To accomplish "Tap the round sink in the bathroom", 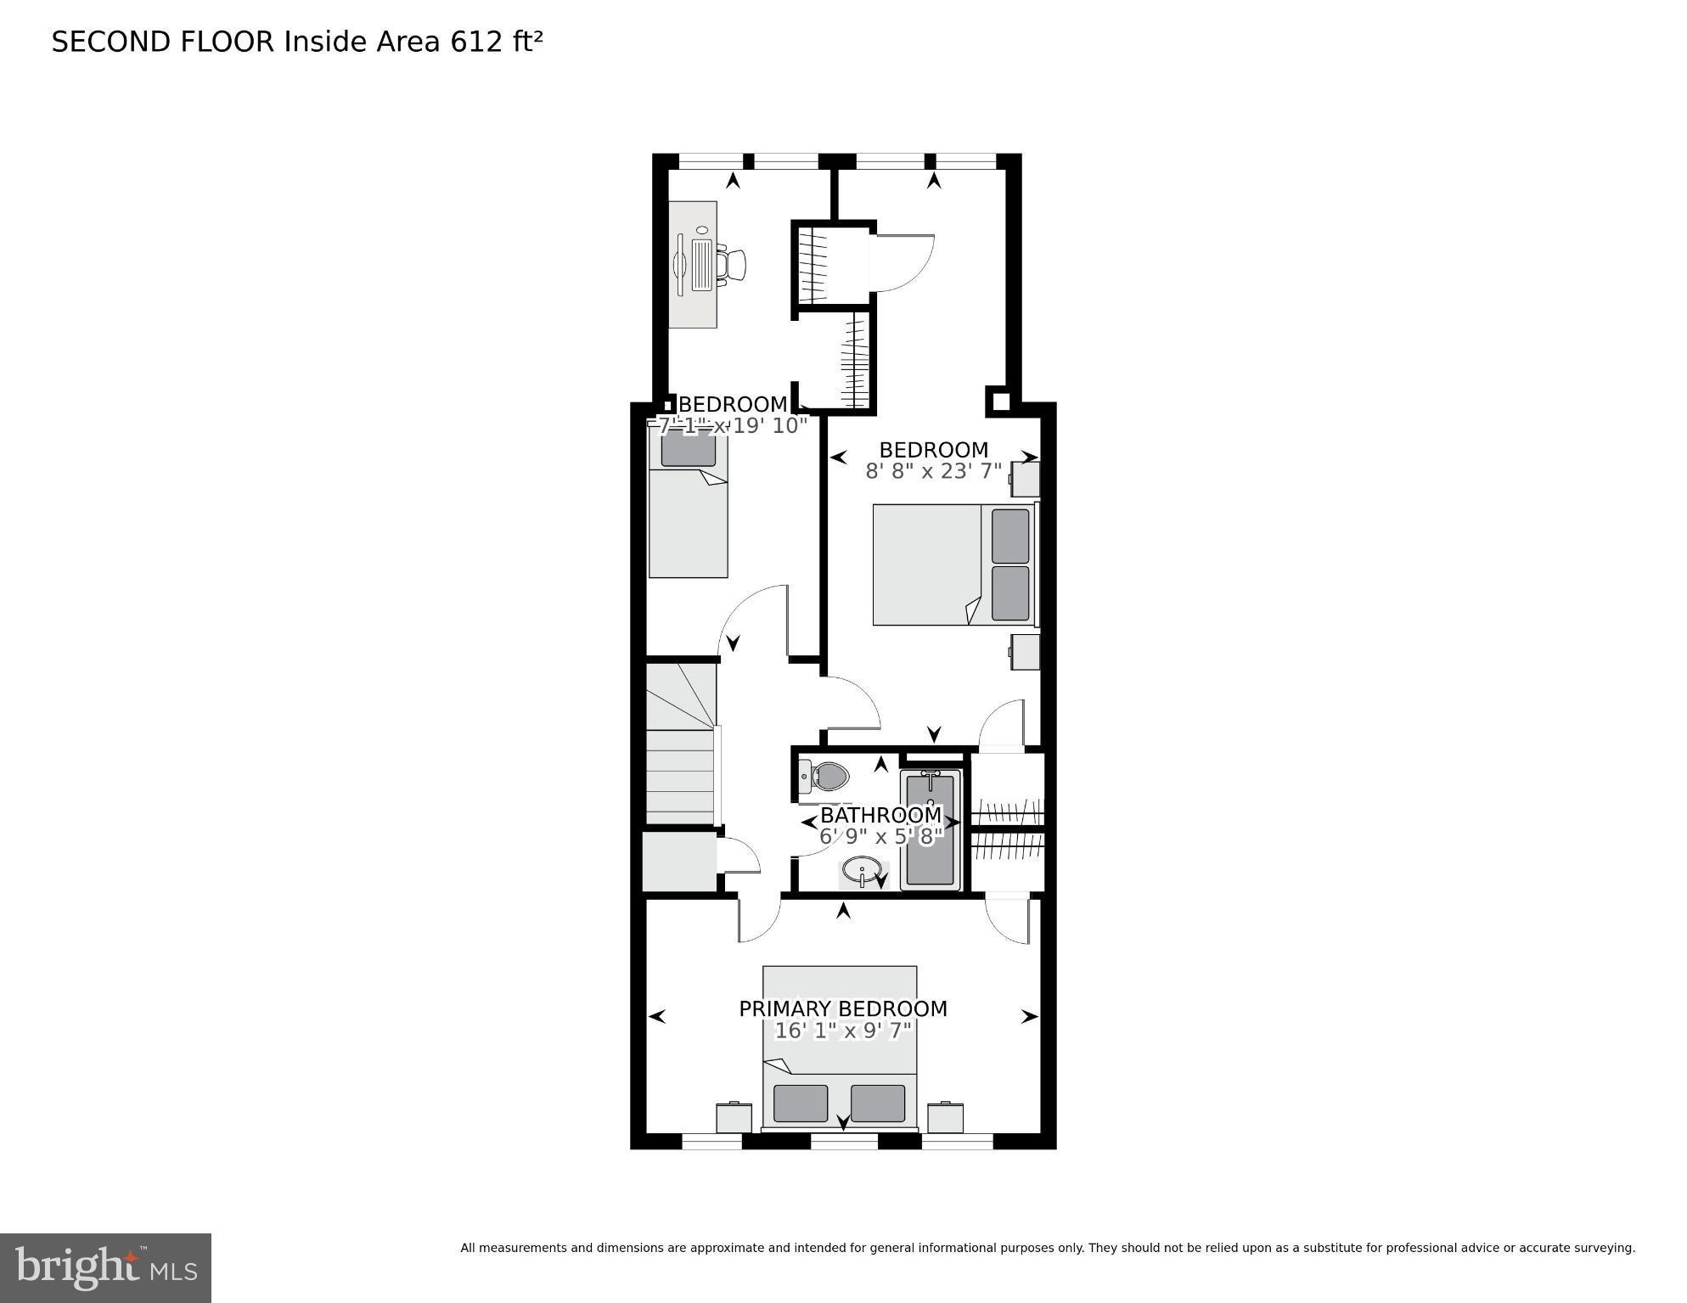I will (x=861, y=870).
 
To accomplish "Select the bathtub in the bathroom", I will (x=930, y=830).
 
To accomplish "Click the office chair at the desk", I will (x=733, y=264).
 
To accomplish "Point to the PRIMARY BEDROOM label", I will (x=842, y=1008).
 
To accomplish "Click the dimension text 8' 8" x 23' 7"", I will (x=933, y=471).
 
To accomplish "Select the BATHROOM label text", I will (x=880, y=815).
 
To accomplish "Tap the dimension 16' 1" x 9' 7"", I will (x=842, y=1031).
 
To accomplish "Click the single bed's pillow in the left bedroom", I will (x=688, y=450).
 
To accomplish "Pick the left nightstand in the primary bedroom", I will (x=734, y=1117).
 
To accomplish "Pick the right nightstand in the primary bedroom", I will (x=944, y=1117).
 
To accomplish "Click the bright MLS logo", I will (x=105, y=1267).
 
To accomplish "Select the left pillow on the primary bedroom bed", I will (x=800, y=1103).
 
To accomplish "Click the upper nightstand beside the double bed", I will (x=1026, y=480).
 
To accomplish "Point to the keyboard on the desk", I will (x=702, y=265).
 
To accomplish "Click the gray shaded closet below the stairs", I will (x=679, y=862).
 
